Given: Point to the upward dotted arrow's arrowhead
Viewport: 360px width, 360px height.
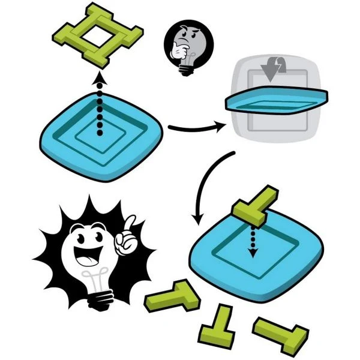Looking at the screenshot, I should tap(100, 77).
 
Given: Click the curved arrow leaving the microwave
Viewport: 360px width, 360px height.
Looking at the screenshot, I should tap(207, 180).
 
